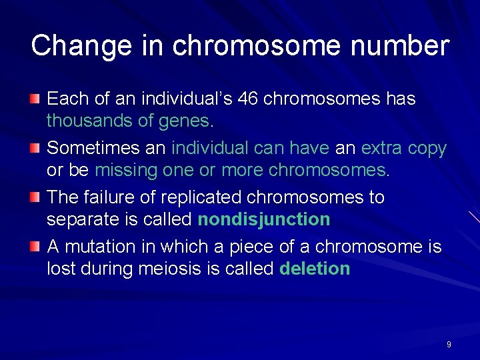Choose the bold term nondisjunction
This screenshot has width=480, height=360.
click(x=263, y=219)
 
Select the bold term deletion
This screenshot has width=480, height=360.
click(x=315, y=269)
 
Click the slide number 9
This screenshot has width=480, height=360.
click(x=449, y=345)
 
